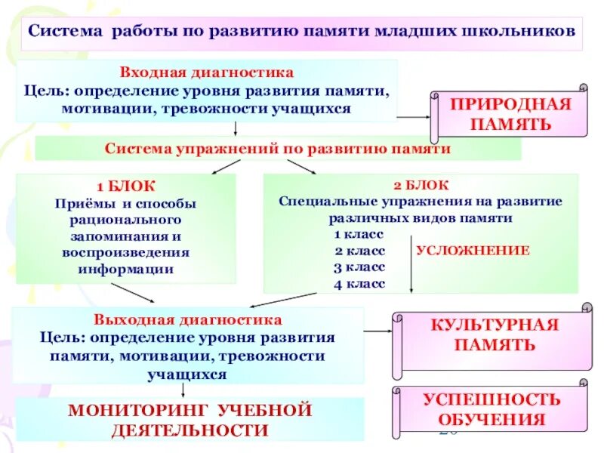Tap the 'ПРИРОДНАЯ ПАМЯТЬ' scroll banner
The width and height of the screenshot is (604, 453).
(x=510, y=113)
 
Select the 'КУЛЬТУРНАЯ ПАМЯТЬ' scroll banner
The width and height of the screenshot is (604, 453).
(x=494, y=335)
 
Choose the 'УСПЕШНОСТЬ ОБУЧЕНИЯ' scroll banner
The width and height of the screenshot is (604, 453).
(x=491, y=408)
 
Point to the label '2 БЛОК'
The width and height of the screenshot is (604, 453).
(x=421, y=185)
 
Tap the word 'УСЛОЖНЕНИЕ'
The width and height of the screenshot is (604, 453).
(x=473, y=250)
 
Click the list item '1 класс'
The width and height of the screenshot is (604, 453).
(x=359, y=234)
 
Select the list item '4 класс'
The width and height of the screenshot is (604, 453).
(x=359, y=284)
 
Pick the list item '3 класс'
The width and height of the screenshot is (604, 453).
(x=359, y=267)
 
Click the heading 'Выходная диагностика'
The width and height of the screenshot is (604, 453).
(x=188, y=320)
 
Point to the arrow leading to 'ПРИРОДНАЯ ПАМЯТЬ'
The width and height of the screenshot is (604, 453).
(x=413, y=117)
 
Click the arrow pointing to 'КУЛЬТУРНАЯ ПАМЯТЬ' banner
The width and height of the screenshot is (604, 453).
(x=377, y=331)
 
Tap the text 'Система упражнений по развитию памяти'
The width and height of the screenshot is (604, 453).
(x=278, y=148)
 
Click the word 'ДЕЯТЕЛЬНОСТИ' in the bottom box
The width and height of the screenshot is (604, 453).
(x=190, y=430)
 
